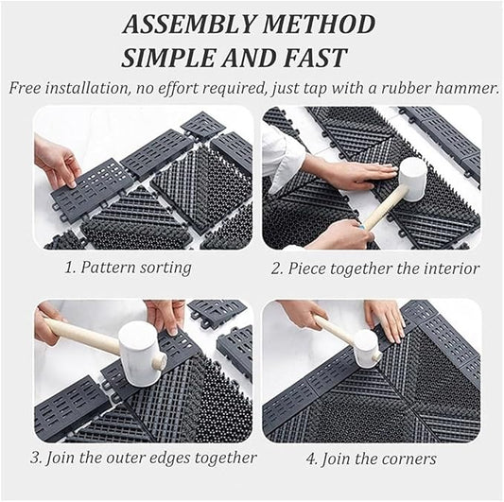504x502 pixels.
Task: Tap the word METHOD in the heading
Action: point(320,26)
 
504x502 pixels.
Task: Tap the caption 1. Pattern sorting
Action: point(128,268)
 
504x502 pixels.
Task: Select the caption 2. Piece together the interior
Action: point(374,268)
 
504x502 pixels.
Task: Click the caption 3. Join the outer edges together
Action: point(143,458)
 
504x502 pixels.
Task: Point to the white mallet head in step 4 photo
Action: point(366,348)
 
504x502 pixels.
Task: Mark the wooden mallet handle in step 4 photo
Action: point(334,331)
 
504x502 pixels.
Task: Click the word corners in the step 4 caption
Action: point(409,459)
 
